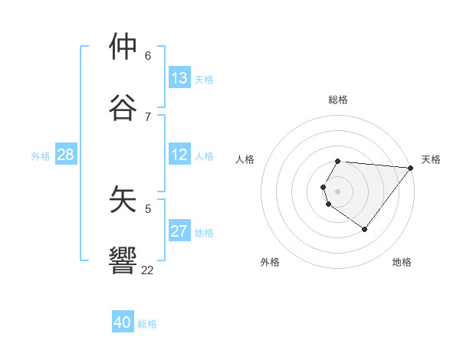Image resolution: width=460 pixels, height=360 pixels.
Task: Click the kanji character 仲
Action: point(123,47)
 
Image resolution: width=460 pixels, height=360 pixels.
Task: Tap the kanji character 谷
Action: point(123,108)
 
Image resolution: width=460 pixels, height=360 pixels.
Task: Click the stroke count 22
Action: point(147,270)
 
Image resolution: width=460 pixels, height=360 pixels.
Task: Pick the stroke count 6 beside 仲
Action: point(148,55)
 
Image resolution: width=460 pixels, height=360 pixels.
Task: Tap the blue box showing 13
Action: point(179,78)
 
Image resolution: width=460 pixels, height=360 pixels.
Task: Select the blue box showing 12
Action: point(179,155)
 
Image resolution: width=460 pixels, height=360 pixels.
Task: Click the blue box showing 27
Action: point(179,231)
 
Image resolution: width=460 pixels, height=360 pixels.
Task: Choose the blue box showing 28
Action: point(66,155)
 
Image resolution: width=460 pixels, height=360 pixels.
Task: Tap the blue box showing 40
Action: point(123,322)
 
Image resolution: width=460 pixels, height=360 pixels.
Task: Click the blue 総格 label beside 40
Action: point(147,324)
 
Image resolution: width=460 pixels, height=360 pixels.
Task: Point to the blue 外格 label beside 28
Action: point(41,156)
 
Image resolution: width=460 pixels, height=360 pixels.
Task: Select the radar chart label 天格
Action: point(431,159)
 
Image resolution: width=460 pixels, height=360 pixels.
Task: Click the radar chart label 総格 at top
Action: point(338,100)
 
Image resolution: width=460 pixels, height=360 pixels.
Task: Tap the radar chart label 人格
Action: point(245,159)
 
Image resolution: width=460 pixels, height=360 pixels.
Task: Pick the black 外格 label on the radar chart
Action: point(270,262)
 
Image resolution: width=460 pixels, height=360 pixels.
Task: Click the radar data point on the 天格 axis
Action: point(410,168)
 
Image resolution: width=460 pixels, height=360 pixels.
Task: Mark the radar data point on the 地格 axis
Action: point(365,229)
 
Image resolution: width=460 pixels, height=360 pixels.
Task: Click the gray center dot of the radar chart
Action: point(338,191)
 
